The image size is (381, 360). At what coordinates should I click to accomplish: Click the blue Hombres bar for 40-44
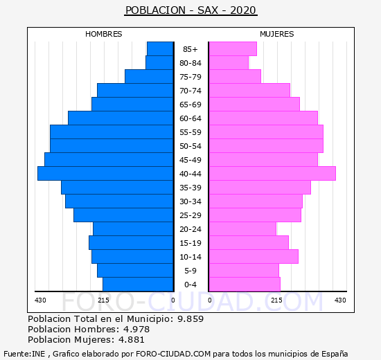[105, 174]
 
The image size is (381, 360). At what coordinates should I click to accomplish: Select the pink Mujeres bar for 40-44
[272, 174]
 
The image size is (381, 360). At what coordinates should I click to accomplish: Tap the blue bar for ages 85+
[160, 49]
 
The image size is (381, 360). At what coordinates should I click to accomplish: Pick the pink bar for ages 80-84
[229, 63]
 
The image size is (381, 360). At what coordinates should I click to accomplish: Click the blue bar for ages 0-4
[138, 285]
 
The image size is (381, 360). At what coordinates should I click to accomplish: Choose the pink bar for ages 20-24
[242, 229]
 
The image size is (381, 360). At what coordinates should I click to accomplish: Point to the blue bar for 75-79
[149, 77]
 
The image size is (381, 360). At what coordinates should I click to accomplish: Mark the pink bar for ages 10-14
[254, 257]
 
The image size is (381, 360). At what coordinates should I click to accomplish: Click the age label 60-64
[190, 118]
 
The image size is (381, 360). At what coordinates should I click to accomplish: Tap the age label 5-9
[190, 271]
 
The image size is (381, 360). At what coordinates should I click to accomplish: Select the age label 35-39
[190, 188]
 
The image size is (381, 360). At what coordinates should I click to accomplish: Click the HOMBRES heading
[104, 34]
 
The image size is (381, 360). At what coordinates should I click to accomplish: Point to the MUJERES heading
[277, 34]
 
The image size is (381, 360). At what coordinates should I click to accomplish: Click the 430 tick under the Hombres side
[40, 300]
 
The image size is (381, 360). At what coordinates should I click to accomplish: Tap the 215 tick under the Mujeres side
[277, 300]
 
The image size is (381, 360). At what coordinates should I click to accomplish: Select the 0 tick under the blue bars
[173, 300]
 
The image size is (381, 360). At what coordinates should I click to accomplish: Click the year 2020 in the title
[243, 10]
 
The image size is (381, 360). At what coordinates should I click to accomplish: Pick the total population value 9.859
[190, 318]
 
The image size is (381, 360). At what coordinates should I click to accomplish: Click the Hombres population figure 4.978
[136, 329]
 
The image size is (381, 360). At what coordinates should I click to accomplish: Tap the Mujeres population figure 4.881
[132, 339]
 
